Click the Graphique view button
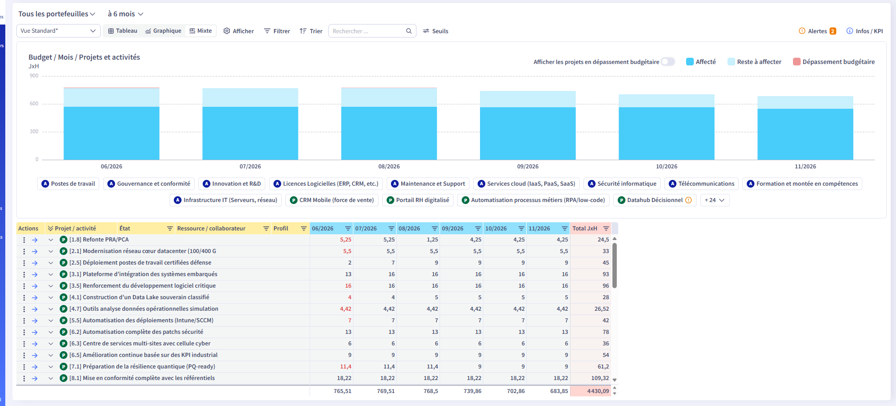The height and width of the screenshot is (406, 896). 163,31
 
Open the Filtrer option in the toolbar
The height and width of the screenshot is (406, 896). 277,31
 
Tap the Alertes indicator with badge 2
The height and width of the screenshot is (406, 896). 818,31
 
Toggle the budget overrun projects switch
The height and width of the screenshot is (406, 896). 668,62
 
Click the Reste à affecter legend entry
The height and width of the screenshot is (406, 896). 754,62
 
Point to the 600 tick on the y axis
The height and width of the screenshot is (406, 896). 34,103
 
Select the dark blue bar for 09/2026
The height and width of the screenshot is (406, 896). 528,133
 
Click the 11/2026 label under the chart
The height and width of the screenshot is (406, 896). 805,166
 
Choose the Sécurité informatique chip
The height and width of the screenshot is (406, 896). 622,184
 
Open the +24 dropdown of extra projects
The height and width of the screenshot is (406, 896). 715,200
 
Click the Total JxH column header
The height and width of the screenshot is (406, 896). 584,228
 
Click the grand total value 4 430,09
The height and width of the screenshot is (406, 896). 598,391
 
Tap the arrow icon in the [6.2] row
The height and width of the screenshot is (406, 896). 35,332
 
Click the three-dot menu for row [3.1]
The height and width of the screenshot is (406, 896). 24,274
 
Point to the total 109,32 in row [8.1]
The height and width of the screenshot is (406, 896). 600,378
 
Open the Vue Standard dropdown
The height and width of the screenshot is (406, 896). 58,31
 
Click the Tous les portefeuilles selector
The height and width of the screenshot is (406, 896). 57,14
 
